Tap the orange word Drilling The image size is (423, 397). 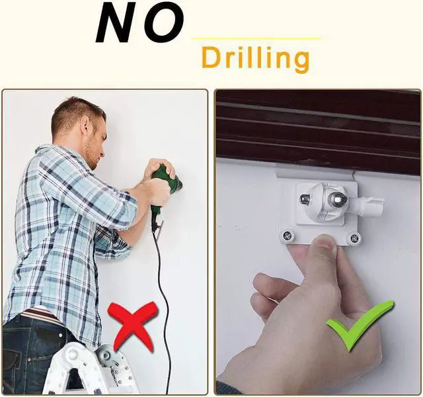tap(255, 59)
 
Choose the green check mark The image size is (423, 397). tap(361, 324)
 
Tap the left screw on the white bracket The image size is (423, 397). tap(288, 234)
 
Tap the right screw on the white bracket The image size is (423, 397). tap(354, 238)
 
